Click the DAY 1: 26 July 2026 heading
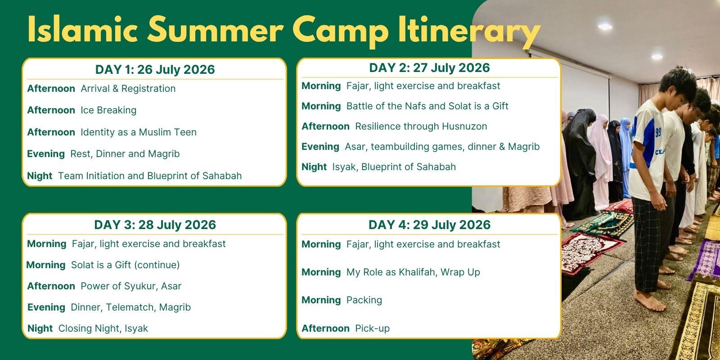click(155, 69)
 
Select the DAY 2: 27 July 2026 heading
click(429, 68)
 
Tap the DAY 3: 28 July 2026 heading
click(155, 225)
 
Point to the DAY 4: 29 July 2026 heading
click(429, 225)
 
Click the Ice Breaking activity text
click(108, 110)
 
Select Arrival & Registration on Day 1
click(128, 88)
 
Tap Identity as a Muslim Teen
click(139, 132)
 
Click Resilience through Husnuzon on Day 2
click(421, 126)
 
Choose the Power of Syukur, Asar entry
click(131, 286)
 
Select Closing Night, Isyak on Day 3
click(103, 328)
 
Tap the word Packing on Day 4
click(364, 300)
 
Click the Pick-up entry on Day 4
click(372, 328)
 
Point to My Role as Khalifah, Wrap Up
click(413, 272)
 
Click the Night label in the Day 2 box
click(314, 167)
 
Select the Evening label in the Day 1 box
click(46, 154)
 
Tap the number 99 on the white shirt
click(658, 132)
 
